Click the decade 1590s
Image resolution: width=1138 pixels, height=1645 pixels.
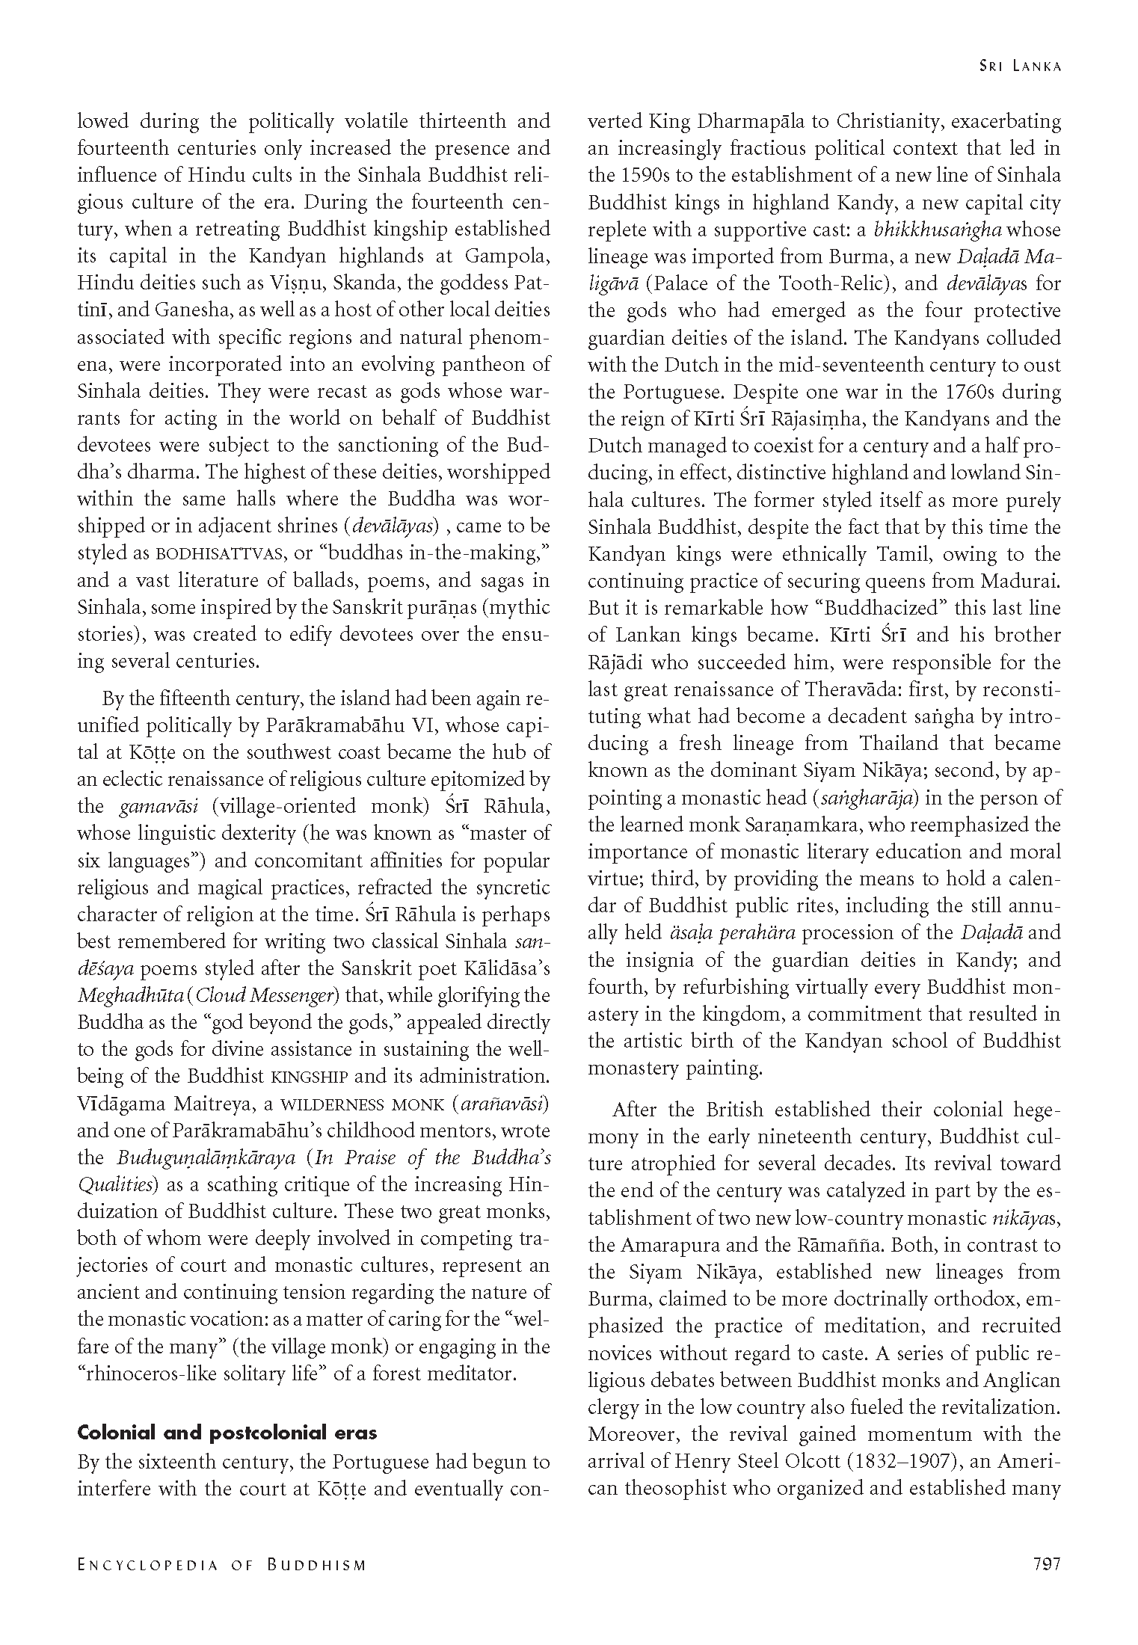click(647, 176)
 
